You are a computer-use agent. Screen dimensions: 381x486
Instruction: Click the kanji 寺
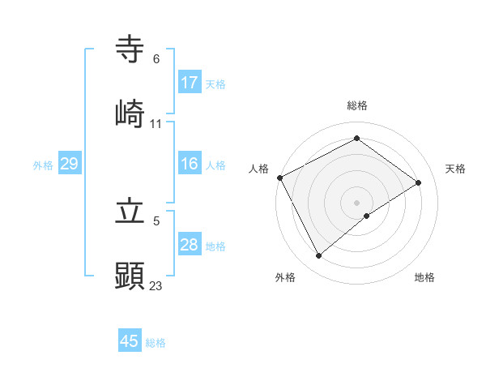click(x=130, y=49)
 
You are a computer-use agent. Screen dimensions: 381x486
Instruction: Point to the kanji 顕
click(x=130, y=275)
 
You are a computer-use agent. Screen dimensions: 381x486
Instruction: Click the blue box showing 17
click(x=190, y=83)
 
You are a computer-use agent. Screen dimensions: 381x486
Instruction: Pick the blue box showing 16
click(x=190, y=164)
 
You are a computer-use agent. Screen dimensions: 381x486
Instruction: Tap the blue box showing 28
click(x=190, y=245)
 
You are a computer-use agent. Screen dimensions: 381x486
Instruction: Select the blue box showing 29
click(x=69, y=164)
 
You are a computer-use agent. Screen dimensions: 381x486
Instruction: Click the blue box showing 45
click(x=130, y=341)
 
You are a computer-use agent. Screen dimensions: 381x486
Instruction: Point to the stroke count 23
click(x=156, y=285)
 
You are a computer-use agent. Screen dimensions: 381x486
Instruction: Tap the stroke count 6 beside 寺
click(x=156, y=59)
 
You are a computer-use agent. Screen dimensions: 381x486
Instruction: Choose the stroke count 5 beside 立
click(x=156, y=220)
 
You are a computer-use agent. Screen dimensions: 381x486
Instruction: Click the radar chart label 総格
click(x=357, y=105)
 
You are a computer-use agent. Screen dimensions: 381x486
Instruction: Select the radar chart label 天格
click(x=455, y=169)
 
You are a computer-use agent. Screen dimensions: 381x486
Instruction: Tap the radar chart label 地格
click(x=424, y=277)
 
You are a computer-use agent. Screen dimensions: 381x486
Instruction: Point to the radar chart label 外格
click(x=285, y=277)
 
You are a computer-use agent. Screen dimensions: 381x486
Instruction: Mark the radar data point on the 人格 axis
click(x=279, y=178)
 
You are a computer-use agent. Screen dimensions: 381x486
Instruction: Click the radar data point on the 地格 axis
click(x=367, y=216)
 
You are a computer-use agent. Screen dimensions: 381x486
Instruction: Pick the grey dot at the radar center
click(x=357, y=202)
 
